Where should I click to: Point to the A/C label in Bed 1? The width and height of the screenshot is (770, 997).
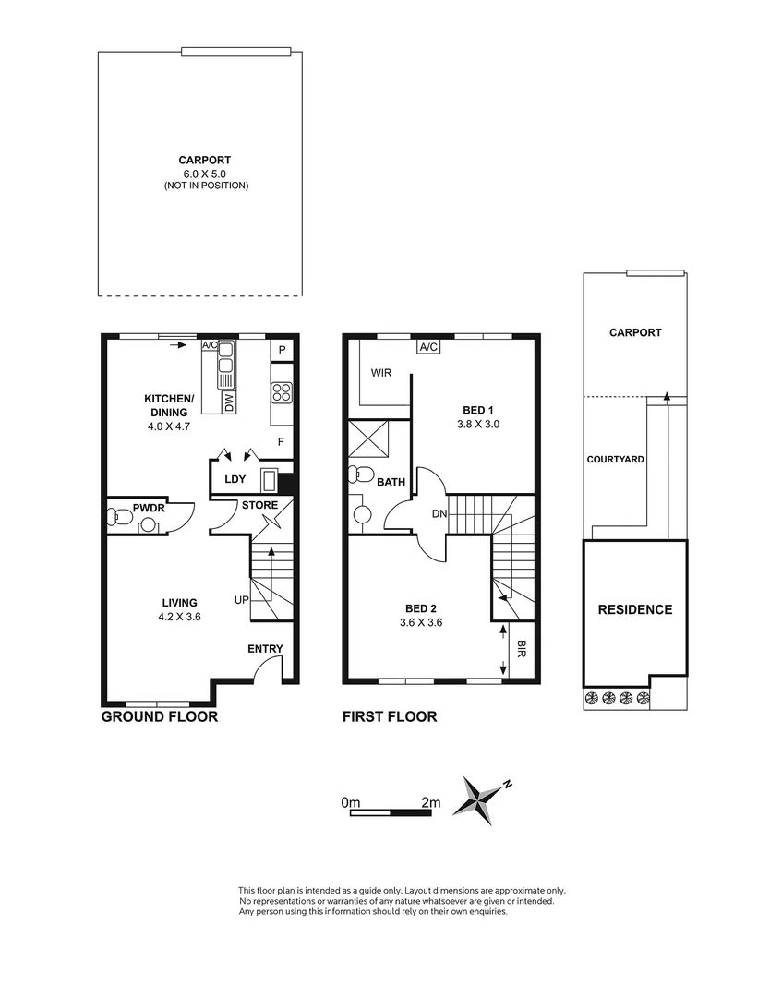tap(427, 347)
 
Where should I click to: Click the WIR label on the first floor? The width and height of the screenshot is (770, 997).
tap(382, 374)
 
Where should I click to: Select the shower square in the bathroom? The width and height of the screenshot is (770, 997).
tap(367, 438)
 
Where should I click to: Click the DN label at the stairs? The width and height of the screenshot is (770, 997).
tap(439, 515)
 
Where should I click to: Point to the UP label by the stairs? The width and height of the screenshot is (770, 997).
tap(241, 600)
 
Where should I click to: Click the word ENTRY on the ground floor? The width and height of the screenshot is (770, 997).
tap(265, 649)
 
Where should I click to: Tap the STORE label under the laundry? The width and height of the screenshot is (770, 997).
tap(259, 505)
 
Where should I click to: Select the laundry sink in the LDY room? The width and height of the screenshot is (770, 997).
tap(270, 480)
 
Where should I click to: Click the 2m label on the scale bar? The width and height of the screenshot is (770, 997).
tap(430, 802)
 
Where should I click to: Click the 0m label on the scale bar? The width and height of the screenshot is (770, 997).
tap(350, 802)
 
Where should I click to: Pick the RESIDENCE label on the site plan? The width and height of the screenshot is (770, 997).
tap(634, 609)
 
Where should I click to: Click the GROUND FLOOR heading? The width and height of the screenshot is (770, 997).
tap(159, 716)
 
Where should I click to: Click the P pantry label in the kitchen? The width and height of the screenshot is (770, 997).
tap(282, 352)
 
